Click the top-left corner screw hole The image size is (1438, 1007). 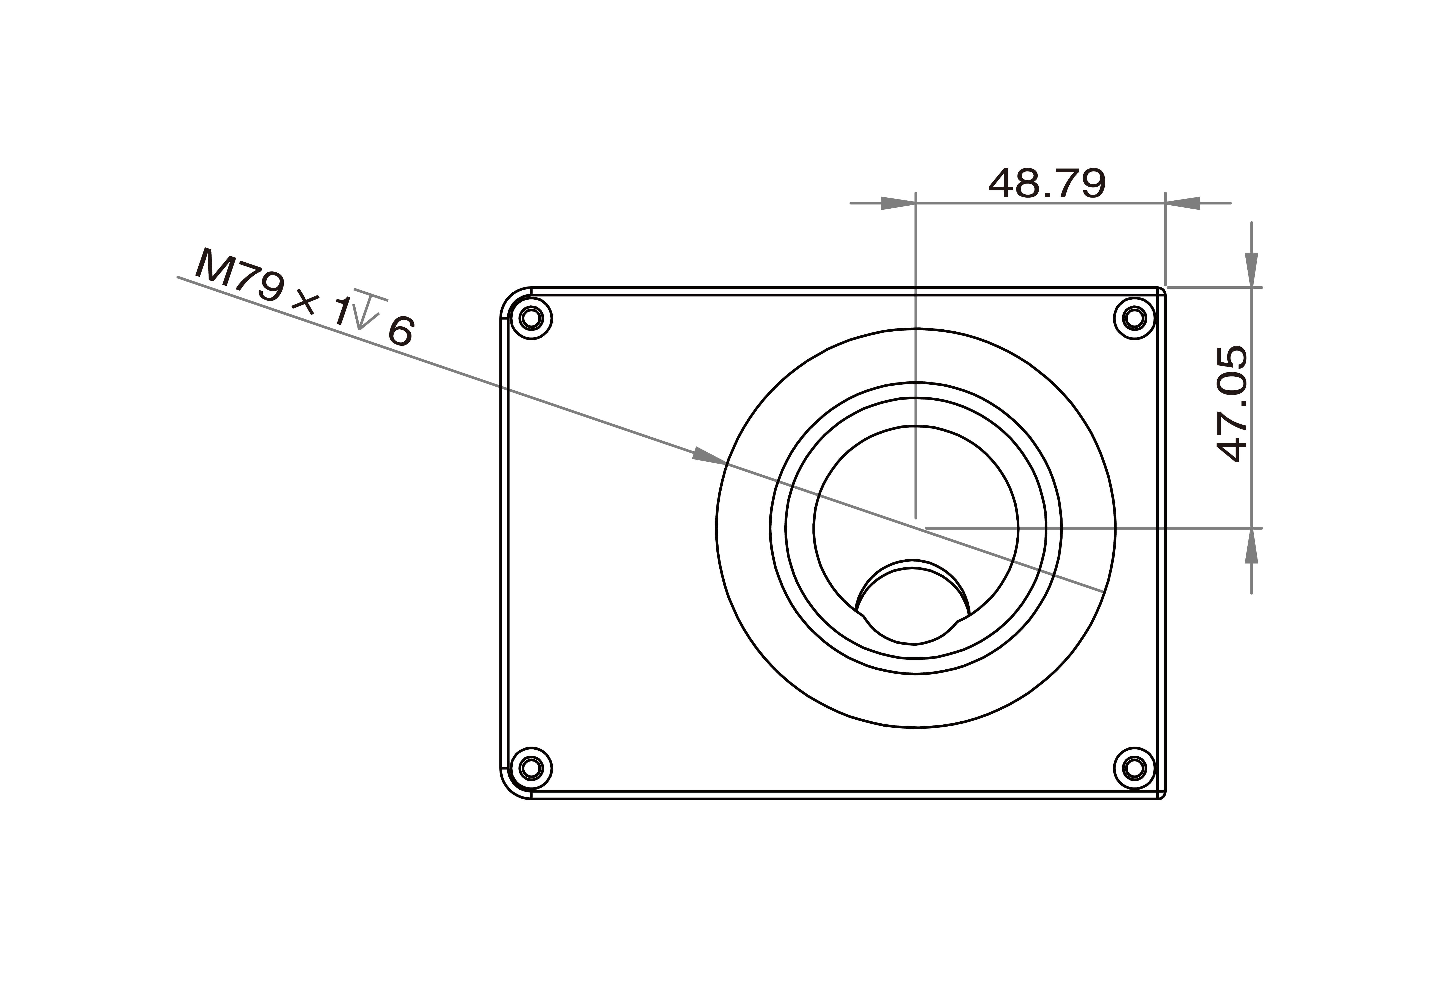point(531,318)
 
